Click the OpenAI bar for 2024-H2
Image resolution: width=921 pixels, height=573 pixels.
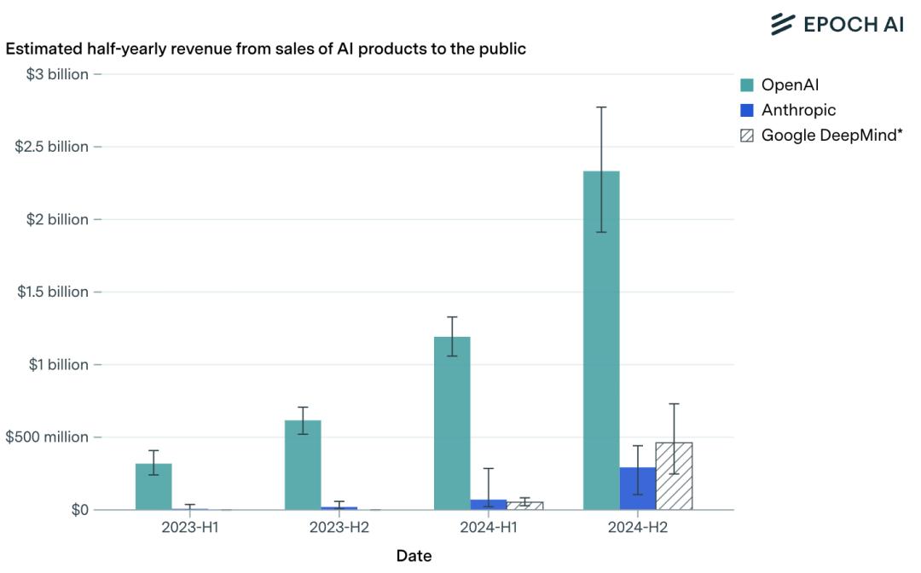(601, 341)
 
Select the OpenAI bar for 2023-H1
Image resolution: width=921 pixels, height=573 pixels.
(153, 487)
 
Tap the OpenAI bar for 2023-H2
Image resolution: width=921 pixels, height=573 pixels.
(303, 465)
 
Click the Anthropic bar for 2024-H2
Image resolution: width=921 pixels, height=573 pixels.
(638, 489)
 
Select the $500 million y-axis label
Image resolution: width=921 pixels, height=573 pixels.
(47, 437)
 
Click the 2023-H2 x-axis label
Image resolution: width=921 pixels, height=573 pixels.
(339, 527)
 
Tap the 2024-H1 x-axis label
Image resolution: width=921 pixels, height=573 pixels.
(489, 527)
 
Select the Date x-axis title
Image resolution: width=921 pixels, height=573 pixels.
(414, 556)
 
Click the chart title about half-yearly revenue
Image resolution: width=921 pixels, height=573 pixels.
(265, 49)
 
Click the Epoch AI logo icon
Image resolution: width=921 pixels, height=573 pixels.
(783, 24)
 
